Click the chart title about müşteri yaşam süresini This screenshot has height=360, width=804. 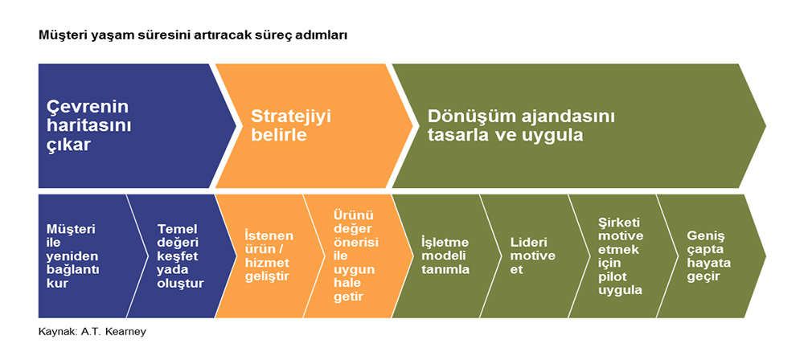point(193,37)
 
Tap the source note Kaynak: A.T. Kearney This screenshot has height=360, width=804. point(92,332)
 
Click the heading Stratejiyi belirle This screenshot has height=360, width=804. point(291,125)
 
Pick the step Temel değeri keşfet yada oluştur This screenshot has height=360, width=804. point(180,256)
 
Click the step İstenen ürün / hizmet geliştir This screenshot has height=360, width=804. point(269,256)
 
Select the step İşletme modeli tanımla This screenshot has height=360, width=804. point(445,256)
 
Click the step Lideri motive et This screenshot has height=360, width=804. point(533,256)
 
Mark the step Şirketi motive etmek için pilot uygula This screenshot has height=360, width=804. point(621,256)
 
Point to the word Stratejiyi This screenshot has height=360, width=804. point(291,116)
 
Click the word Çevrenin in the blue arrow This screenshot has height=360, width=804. point(88,107)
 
